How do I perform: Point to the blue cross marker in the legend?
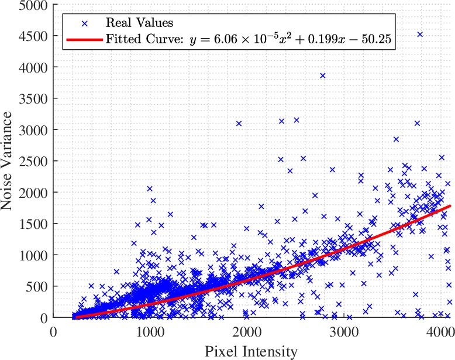click(84, 23)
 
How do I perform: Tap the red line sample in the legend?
click(84, 40)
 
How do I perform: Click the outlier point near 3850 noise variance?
click(322, 76)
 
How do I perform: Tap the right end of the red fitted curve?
click(451, 206)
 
